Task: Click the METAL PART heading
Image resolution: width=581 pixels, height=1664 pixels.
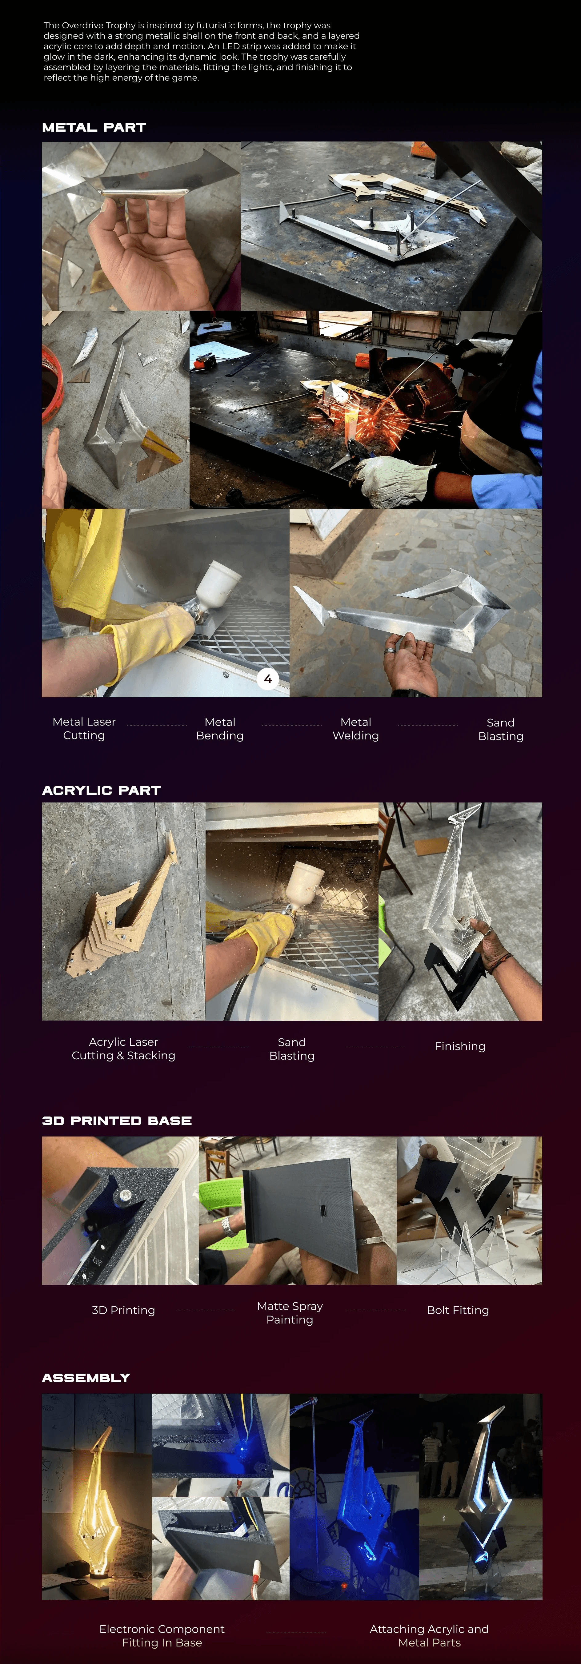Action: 94,127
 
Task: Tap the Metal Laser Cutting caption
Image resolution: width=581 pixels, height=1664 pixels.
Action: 84,729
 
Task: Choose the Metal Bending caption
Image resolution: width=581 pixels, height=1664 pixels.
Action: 220,729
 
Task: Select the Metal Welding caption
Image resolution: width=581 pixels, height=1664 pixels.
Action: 355,729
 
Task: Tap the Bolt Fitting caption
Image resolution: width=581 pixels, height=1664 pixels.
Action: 458,1310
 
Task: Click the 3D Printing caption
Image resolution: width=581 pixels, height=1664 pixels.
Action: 123,1310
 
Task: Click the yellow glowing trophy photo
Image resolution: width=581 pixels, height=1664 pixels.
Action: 97,1497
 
